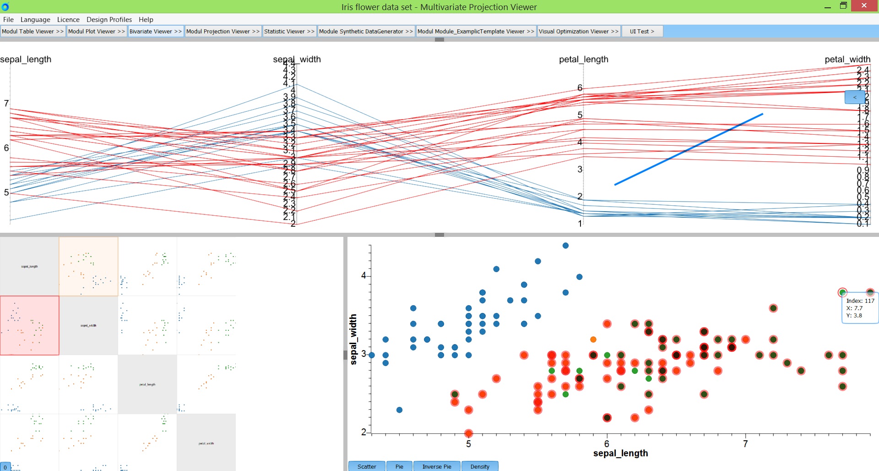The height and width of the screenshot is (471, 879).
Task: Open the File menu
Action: (x=8, y=20)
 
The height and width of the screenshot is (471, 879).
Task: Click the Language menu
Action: (x=35, y=20)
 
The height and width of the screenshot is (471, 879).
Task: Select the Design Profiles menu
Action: (x=109, y=20)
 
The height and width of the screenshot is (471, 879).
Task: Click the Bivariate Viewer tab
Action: (x=156, y=32)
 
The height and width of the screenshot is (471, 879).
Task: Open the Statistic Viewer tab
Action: (x=289, y=32)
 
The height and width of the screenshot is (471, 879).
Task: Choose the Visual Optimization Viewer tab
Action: (x=578, y=32)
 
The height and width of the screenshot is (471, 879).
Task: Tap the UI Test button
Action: (x=642, y=32)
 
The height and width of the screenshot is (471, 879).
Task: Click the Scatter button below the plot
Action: (x=367, y=466)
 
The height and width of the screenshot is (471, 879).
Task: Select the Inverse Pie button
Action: (x=437, y=466)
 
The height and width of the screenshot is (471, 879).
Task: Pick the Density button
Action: (x=480, y=466)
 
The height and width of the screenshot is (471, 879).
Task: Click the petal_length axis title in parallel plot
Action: (x=583, y=60)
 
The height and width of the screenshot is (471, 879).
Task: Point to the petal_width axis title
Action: (x=847, y=60)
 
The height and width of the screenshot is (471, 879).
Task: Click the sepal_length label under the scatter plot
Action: (x=620, y=453)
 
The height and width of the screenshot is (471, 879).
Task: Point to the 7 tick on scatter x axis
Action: (x=745, y=444)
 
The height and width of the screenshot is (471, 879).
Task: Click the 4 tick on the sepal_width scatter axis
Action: (x=364, y=275)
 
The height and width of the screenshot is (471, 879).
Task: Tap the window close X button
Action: (x=864, y=6)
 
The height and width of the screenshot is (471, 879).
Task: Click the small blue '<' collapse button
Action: (x=854, y=97)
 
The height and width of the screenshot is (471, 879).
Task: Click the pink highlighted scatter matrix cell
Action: (x=30, y=325)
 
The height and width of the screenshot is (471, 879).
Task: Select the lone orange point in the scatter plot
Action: (x=593, y=340)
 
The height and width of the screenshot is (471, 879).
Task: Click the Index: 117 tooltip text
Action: (x=860, y=301)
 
